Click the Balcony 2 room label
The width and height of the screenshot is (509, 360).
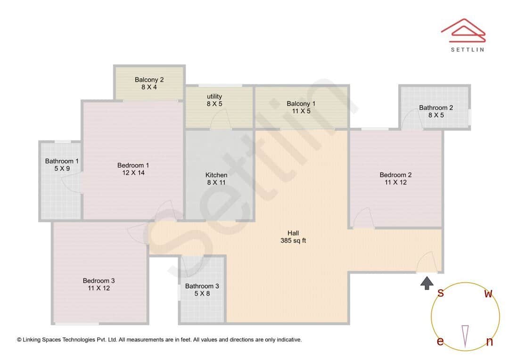coord(149,80)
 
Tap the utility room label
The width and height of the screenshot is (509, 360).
coord(214,97)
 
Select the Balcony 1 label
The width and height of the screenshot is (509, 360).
coord(301,104)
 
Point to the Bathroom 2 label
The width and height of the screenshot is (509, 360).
coord(436,107)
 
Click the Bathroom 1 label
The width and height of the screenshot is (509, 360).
coord(62,161)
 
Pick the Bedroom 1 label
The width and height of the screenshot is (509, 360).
coord(133,165)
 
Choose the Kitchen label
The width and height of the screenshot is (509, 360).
coord(216,175)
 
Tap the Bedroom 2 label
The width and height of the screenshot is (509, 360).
coord(395,175)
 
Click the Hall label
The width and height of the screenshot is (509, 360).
coord(293,233)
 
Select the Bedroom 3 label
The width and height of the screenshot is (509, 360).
coord(99,281)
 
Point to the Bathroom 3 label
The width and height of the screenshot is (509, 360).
coord(202,286)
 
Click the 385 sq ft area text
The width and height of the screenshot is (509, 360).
coord(293,241)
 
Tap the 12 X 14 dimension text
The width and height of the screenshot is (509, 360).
coord(133,173)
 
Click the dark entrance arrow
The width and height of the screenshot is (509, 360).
coord(427,283)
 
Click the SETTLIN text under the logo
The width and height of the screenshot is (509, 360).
coord(467,49)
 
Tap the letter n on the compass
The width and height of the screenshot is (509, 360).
coord(489,342)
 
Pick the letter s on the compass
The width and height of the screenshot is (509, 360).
coord(440,293)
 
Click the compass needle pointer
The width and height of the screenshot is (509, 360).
coord(465,336)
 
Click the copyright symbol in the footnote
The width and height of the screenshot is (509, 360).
coord(19,339)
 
